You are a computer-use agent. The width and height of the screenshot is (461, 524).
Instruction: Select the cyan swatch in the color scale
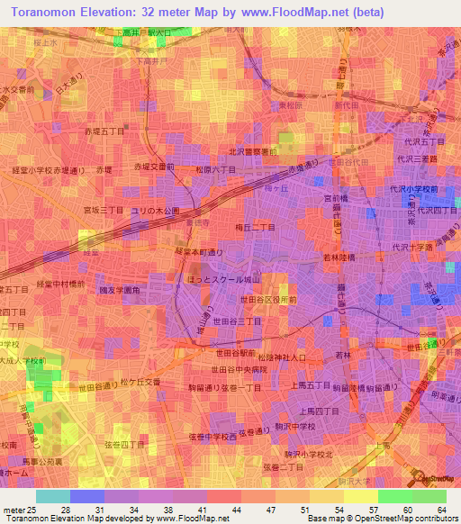(x=53, y=496)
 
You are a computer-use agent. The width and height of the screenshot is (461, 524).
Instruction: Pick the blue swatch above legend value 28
(x=87, y=496)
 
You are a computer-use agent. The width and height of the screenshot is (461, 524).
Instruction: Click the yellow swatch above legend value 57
(x=361, y=496)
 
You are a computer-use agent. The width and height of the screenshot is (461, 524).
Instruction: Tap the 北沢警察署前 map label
(x=255, y=152)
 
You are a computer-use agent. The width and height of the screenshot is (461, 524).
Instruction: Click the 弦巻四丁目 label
(x=124, y=444)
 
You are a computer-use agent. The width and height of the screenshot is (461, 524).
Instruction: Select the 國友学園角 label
(x=119, y=290)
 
